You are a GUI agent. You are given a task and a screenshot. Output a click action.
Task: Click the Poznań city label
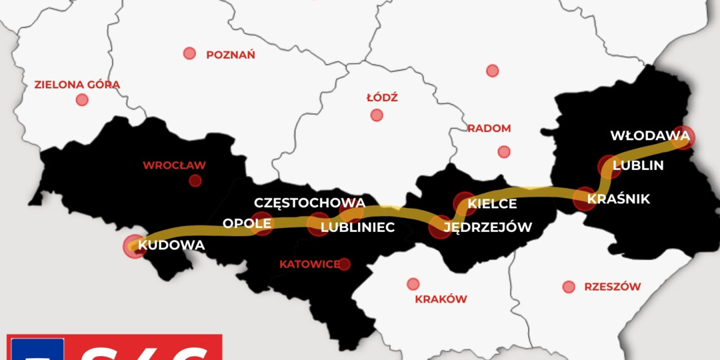tap(231, 55)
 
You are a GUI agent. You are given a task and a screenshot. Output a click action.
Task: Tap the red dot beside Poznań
tap(189, 54)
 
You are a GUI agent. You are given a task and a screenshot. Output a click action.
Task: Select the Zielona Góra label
tap(77, 85)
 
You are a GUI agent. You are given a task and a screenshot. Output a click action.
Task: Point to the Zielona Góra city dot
tap(82, 100)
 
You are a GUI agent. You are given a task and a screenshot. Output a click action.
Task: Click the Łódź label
tap(382, 98)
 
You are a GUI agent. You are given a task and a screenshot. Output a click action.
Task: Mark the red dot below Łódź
tap(377, 115)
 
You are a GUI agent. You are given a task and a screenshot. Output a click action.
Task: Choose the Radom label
tap(489, 128)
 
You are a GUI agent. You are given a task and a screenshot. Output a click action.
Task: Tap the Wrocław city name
tap(174, 165)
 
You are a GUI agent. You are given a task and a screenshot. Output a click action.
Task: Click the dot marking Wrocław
tap(195, 181)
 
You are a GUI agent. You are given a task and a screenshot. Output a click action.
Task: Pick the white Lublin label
tap(639, 165)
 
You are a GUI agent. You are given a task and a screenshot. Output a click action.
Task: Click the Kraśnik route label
tap(618, 199)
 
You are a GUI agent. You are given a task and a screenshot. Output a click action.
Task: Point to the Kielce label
tap(492, 203)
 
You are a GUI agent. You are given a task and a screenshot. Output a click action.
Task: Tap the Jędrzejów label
tap(488, 227)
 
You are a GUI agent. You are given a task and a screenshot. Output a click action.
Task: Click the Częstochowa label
tap(309, 203)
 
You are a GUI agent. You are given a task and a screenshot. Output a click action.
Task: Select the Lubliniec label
tap(357, 227)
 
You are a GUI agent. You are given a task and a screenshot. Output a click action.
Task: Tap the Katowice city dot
tap(344, 265)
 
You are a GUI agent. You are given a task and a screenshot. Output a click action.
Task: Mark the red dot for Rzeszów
tap(569, 287)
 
